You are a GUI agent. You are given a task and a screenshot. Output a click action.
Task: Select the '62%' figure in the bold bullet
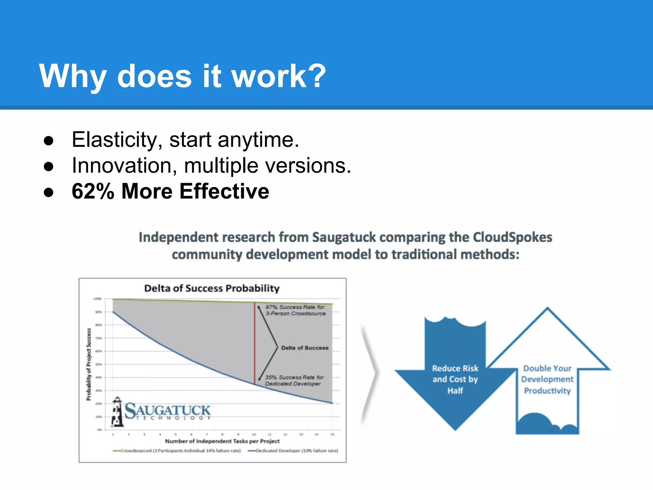tap(93, 191)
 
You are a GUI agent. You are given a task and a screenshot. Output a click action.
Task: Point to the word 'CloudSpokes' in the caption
tap(512, 237)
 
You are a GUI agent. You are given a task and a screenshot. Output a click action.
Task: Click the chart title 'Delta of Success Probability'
tap(212, 288)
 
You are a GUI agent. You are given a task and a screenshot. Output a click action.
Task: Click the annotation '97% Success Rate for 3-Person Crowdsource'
tap(295, 310)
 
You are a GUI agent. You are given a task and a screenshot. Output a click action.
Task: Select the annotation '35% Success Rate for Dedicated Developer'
tap(294, 380)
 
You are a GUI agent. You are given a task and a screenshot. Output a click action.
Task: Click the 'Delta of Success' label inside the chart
tap(304, 348)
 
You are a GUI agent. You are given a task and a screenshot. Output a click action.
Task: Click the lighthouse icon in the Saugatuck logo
tap(117, 412)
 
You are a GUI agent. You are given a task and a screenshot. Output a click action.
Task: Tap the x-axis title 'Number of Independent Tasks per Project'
tap(222, 441)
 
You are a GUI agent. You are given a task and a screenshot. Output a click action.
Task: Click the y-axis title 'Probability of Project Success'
tap(89, 364)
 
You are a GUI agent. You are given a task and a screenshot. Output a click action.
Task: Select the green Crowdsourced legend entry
tap(177, 451)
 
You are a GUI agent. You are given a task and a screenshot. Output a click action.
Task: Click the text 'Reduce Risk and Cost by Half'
tap(455, 379)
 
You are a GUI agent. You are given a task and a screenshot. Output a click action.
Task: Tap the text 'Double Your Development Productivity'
tap(547, 379)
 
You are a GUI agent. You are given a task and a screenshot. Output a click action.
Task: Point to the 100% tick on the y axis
tap(97, 299)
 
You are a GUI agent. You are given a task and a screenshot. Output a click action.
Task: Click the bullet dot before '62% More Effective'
tap(48, 192)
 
